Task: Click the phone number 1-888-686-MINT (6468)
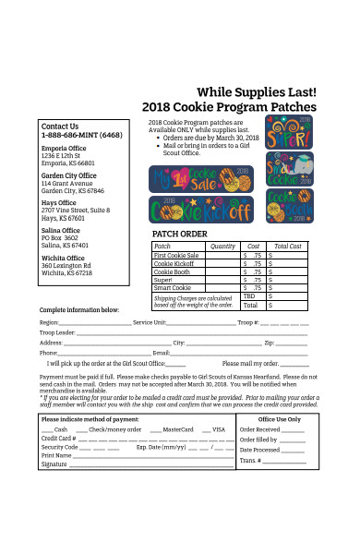tap(82, 135)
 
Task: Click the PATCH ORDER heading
tap(180, 234)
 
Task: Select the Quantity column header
tap(222, 247)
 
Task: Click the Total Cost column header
tap(289, 247)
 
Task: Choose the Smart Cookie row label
tap(172, 288)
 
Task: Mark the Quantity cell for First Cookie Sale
tap(222, 255)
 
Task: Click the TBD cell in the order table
tap(252, 295)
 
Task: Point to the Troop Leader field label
tap(57, 332)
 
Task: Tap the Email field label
tap(162, 354)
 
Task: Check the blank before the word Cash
tap(47, 430)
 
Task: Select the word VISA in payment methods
tap(219, 430)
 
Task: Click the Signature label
tap(54, 464)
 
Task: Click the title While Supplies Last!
tap(257, 92)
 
